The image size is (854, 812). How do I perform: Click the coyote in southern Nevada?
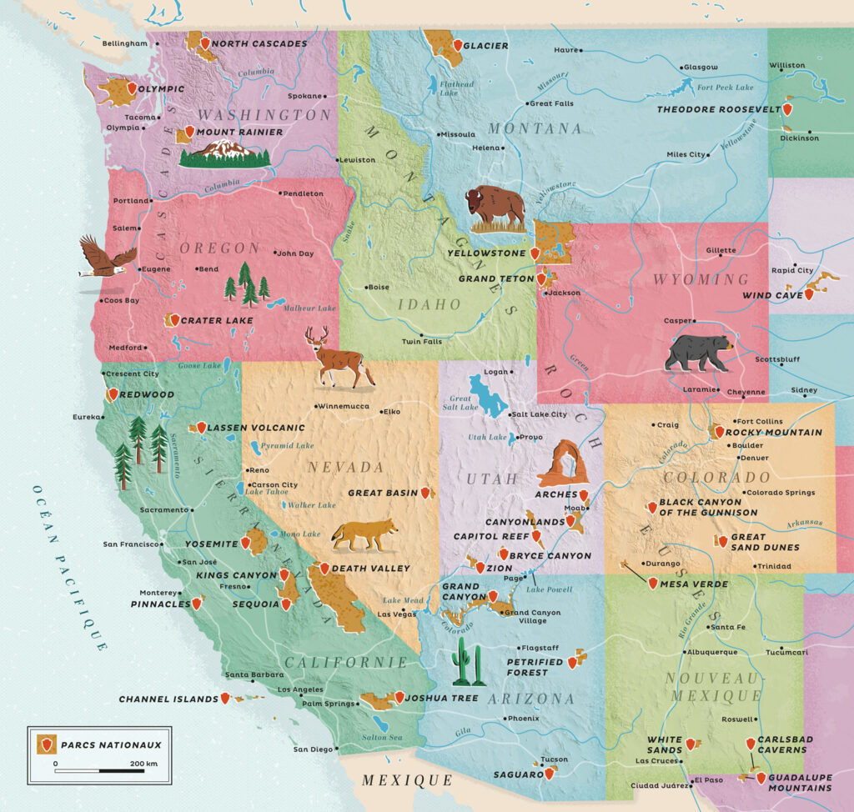point(363,534)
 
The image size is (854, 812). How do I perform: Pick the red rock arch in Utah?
point(562,464)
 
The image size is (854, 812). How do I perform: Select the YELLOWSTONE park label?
point(487,253)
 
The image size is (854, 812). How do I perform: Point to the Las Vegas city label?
point(397,614)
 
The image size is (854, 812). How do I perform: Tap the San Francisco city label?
point(130,544)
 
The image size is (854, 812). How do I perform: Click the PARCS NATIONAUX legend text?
point(111,744)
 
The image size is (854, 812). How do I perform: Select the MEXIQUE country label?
point(405,780)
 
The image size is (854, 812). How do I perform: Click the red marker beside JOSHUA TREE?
point(399,697)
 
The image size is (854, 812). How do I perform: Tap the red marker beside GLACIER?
point(456,45)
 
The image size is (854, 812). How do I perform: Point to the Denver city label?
point(753,459)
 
